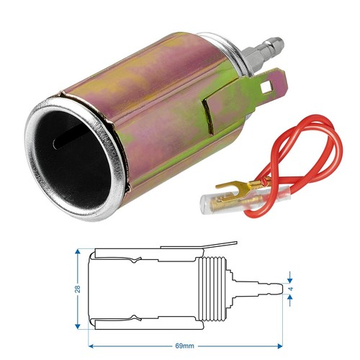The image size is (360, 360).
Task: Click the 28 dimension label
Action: [78, 289]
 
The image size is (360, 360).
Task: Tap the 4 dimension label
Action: [291, 289]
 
